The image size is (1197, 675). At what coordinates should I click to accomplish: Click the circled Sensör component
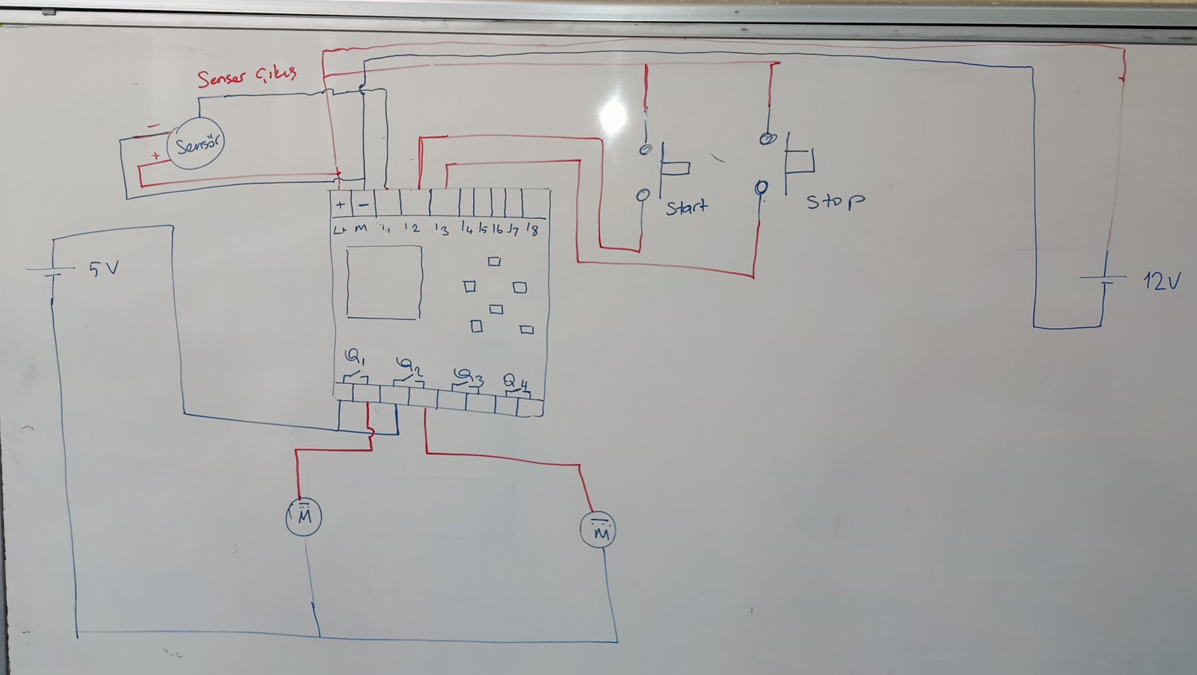tap(196, 144)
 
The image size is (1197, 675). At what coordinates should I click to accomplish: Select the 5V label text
tap(104, 268)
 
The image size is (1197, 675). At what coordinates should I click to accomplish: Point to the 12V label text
tap(1161, 281)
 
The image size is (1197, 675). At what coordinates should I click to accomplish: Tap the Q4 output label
tap(516, 382)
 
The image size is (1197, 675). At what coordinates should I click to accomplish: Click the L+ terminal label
tap(341, 229)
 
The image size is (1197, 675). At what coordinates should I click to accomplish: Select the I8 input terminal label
tap(533, 229)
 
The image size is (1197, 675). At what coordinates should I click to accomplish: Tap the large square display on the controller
tap(384, 282)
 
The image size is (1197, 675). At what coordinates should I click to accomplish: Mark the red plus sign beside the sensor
tap(156, 156)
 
